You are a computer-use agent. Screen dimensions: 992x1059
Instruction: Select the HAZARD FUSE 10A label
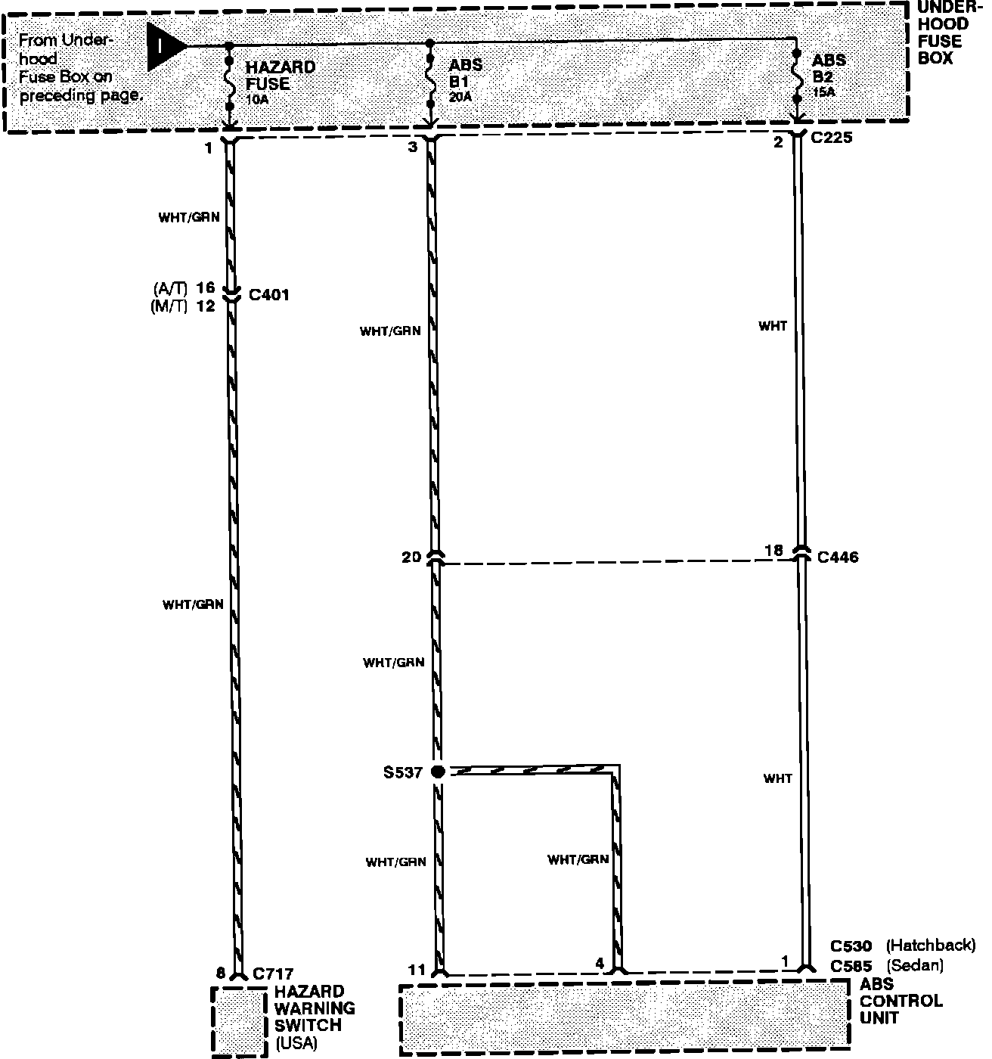pos(281,82)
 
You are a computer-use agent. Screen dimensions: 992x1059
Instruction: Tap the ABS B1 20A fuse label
pos(465,80)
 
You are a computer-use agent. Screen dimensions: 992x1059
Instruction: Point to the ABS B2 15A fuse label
pos(829,75)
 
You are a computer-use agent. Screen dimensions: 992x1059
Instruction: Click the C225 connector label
pos(832,138)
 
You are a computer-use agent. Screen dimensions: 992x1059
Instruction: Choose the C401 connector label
pos(269,295)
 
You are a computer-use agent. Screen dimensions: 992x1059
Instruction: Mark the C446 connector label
pos(838,557)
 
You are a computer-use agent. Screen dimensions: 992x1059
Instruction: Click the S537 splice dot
pos(438,772)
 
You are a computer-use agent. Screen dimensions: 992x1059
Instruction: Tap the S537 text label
pos(403,772)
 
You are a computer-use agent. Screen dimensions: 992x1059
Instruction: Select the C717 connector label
pos(273,974)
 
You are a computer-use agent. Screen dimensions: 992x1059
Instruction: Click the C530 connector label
pos(851,946)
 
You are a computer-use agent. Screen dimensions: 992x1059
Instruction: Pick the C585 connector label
pos(851,966)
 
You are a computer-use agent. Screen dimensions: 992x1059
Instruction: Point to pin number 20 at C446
pos(411,557)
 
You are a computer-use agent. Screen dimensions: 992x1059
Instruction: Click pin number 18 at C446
pos(774,550)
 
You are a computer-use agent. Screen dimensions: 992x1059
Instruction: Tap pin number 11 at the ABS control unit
pos(417,970)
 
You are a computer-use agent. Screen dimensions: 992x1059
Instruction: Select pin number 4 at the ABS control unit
pos(600,964)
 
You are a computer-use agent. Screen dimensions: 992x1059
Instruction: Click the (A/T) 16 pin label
pos(184,288)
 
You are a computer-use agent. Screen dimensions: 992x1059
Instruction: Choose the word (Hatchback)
pos(931,946)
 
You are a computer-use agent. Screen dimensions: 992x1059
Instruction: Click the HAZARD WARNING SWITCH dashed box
pos(240,1020)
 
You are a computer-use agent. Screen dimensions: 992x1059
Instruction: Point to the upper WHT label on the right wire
pos(773,326)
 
